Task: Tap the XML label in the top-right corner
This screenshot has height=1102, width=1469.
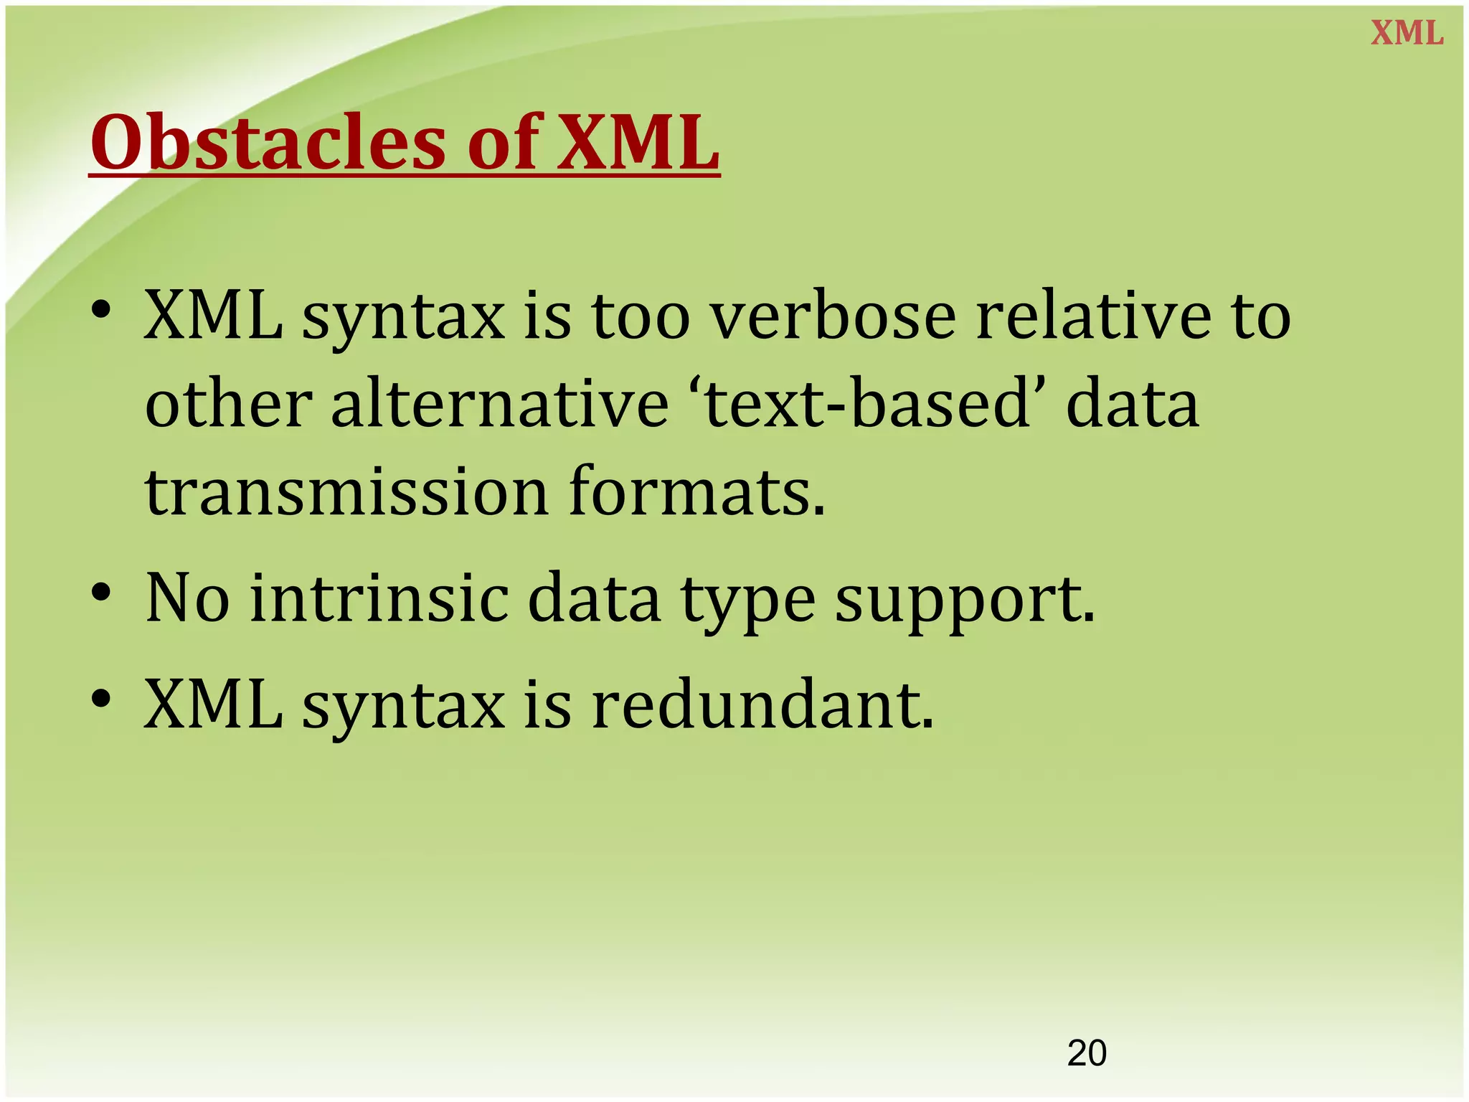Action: tap(1407, 34)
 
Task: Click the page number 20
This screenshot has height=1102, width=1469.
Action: tap(1087, 1053)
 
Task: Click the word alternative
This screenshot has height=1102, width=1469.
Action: tap(500, 405)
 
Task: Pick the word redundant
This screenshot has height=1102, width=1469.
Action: tap(763, 705)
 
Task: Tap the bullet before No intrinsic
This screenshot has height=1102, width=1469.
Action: tap(101, 593)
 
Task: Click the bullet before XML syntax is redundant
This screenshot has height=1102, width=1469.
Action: tap(101, 699)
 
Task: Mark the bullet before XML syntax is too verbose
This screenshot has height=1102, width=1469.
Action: tap(101, 311)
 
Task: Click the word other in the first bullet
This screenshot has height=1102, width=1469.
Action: tap(228, 405)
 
